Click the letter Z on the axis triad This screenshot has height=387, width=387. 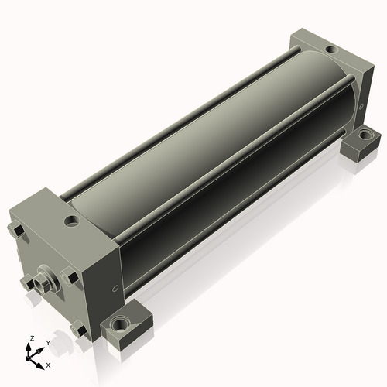point(33,338)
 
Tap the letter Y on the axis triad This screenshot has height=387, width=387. point(48,343)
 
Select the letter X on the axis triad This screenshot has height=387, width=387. point(48,365)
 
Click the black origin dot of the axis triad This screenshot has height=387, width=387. point(27,358)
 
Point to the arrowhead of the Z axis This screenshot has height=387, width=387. point(28,346)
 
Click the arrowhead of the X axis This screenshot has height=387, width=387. point(39,366)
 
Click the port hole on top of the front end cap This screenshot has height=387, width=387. point(71,221)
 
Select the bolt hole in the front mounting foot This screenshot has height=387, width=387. point(119,324)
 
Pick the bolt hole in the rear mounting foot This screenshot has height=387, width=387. point(364,135)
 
